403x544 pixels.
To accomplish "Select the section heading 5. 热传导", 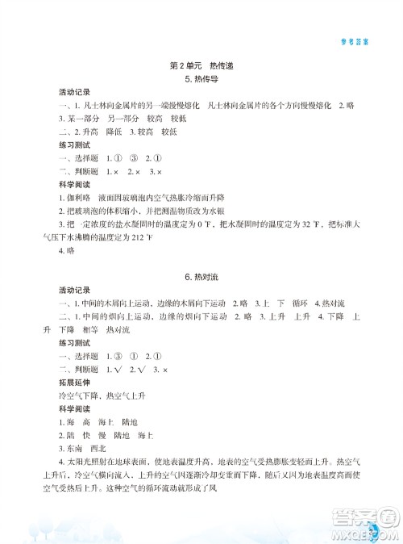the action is [x=202, y=80].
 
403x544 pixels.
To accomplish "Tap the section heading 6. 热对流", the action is [x=202, y=278].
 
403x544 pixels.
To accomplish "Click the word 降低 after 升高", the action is [x=118, y=130].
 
